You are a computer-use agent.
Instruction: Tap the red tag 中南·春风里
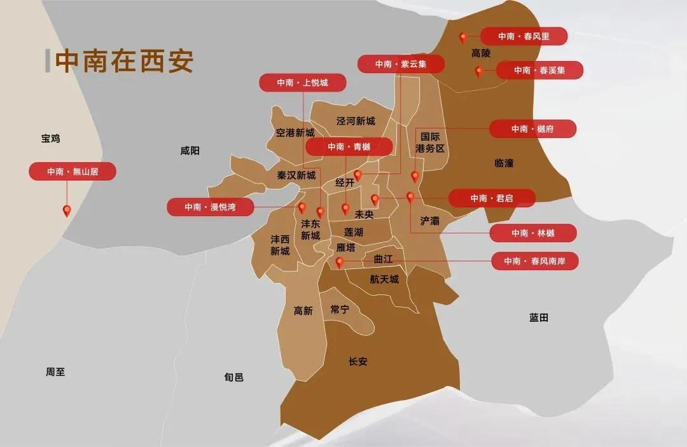tap(524, 36)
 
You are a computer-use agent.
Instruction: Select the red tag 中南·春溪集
tap(539, 70)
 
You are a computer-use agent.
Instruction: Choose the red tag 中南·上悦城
tap(303, 83)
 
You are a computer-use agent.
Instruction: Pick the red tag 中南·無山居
tap(73, 171)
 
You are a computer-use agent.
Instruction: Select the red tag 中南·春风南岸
tap(534, 261)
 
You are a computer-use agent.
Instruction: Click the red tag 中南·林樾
tap(533, 233)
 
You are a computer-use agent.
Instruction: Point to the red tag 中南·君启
tap(492, 198)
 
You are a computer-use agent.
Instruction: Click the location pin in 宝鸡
tap(66, 210)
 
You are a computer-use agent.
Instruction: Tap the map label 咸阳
tap(190, 151)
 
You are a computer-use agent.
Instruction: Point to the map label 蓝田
tap(538, 317)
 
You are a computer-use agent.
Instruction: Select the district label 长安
tap(358, 362)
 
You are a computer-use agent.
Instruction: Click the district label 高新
tap(303, 311)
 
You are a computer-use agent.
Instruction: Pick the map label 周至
tap(56, 372)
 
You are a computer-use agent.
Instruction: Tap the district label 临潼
tap(504, 163)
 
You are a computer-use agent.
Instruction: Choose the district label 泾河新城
tap(356, 121)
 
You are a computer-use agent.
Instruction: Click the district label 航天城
tap(384, 279)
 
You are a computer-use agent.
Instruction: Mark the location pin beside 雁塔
tap(340, 262)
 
